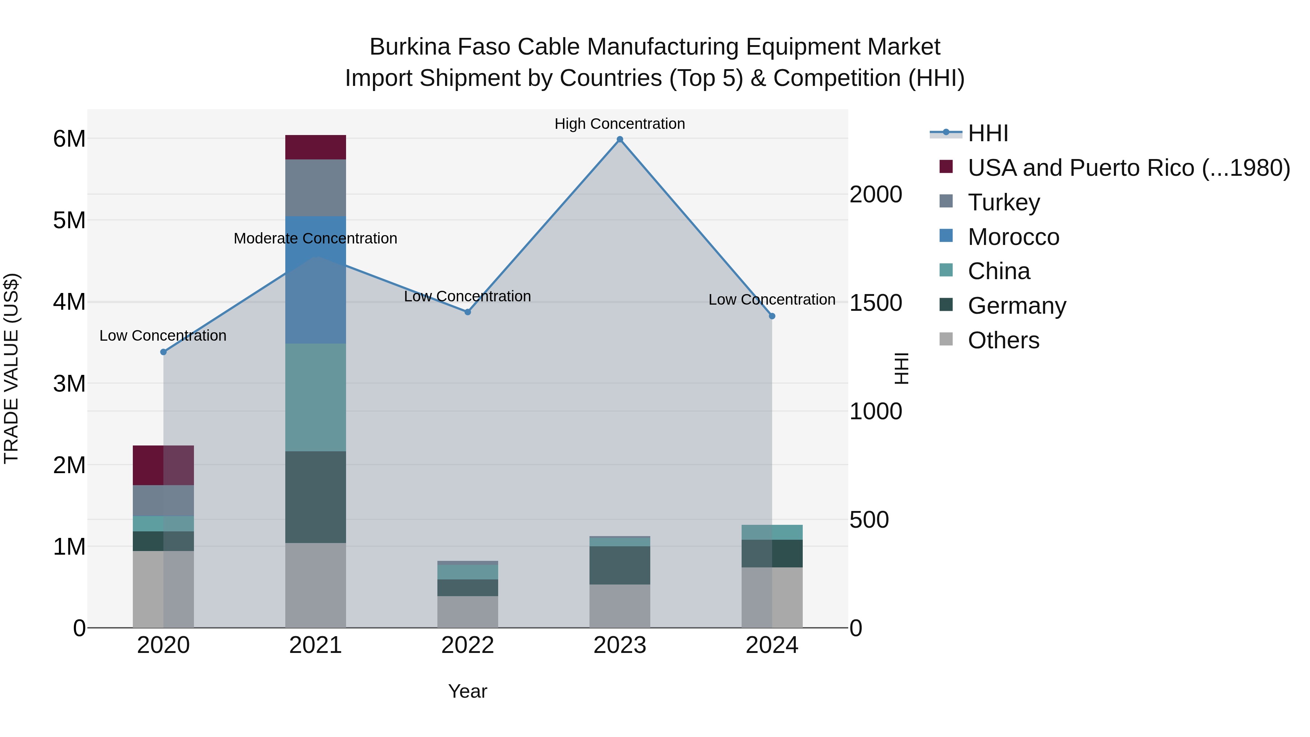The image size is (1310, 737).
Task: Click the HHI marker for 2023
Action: [x=619, y=139]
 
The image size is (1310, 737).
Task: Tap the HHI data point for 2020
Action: [x=163, y=352]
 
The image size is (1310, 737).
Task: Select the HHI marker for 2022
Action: [x=468, y=312]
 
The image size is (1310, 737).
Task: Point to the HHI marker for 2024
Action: [x=772, y=316]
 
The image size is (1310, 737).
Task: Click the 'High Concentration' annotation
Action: [x=619, y=124]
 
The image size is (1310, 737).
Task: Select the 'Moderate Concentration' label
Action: [x=315, y=238]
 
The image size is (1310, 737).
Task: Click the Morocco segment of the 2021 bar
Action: [x=315, y=280]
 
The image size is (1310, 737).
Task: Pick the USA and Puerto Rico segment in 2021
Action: [x=315, y=147]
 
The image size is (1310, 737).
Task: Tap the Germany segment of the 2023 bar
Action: [x=619, y=565]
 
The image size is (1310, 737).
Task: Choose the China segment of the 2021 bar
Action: [x=315, y=397]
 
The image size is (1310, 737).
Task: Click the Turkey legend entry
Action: [x=1003, y=202]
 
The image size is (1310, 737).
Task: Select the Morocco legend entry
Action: [x=1013, y=237]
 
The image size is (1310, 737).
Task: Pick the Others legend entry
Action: [x=1003, y=340]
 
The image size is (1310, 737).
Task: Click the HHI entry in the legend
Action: [x=988, y=133]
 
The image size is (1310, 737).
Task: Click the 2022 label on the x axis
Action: [x=468, y=645]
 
